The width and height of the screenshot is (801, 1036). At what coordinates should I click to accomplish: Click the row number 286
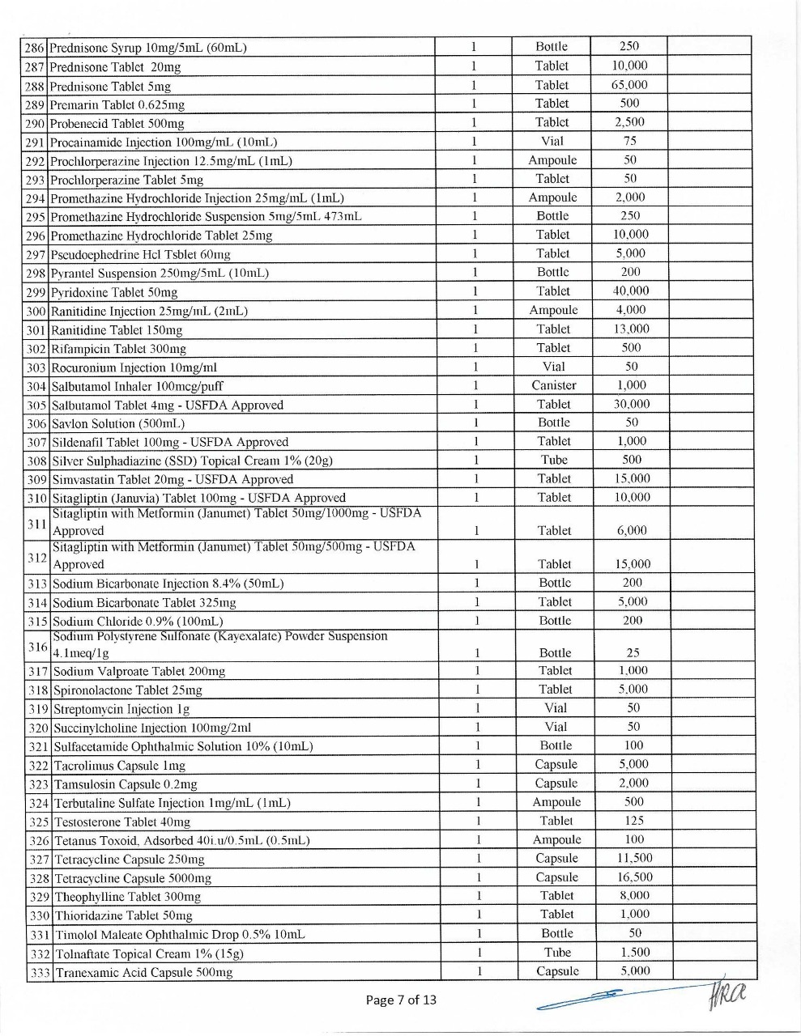[35, 48]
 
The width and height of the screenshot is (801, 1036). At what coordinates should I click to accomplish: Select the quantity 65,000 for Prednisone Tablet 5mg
[629, 85]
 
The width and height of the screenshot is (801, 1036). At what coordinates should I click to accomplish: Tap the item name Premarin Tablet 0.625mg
[117, 104]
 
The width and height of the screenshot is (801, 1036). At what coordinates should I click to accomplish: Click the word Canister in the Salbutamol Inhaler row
[554, 385]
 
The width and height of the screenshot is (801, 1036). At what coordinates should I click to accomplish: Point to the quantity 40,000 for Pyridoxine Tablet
[631, 291]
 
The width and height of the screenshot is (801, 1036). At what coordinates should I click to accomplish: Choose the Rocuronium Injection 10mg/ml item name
[134, 367]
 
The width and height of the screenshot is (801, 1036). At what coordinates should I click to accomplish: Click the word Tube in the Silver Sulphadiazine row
[554, 460]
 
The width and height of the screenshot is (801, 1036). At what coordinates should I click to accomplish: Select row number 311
[37, 523]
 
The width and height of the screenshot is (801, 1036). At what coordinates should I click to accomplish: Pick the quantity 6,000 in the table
[632, 531]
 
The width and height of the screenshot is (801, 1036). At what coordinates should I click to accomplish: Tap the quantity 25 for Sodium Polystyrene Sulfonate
[633, 652]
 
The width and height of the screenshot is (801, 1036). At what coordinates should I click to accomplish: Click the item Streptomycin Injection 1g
[121, 709]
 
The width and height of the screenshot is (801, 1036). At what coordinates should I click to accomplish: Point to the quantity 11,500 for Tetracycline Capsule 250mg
[634, 858]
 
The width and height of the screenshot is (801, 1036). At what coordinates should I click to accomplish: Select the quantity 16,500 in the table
[634, 877]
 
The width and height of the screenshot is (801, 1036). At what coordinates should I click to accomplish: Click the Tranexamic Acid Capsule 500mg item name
[143, 973]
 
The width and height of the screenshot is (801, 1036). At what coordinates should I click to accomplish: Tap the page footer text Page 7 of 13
[401, 1000]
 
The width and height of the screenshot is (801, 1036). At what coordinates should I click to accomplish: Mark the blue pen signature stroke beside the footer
[583, 997]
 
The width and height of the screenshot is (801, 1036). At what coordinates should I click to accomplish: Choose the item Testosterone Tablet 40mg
[122, 822]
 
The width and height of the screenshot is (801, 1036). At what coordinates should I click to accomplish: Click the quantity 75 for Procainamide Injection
[629, 141]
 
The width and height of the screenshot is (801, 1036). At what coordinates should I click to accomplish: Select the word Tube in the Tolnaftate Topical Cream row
[557, 953]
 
